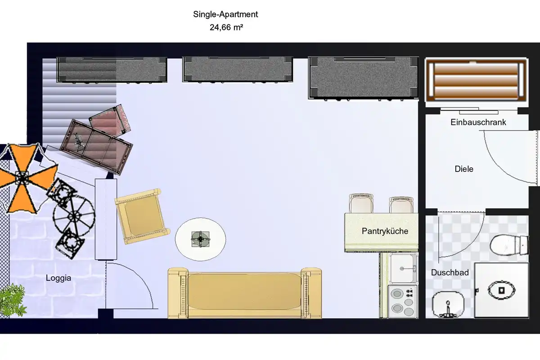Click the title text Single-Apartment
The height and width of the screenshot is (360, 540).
tap(225, 14)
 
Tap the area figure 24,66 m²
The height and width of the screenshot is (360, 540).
tap(226, 27)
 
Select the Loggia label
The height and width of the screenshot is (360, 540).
tap(58, 278)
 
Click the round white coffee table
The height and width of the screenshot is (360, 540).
tap(200, 238)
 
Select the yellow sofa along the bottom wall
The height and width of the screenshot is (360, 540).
tap(245, 292)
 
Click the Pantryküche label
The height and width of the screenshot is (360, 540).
tap(385, 231)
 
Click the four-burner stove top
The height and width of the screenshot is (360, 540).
tap(403, 301)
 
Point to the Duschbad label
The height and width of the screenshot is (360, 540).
tap(450, 273)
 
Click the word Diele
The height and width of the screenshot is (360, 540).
tap(464, 169)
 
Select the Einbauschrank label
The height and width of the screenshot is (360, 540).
tap(478, 122)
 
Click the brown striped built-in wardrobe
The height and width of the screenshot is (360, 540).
tap(476, 81)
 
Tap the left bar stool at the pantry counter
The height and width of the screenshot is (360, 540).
tap(361, 203)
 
